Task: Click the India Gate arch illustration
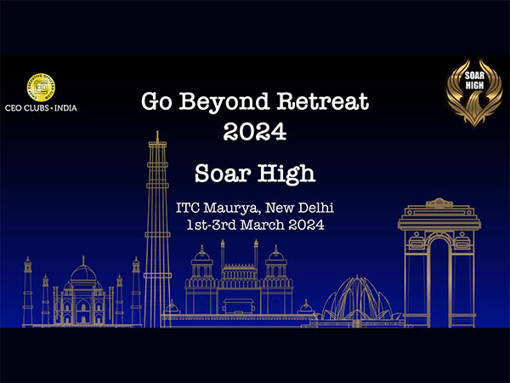[x=439, y=264]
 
